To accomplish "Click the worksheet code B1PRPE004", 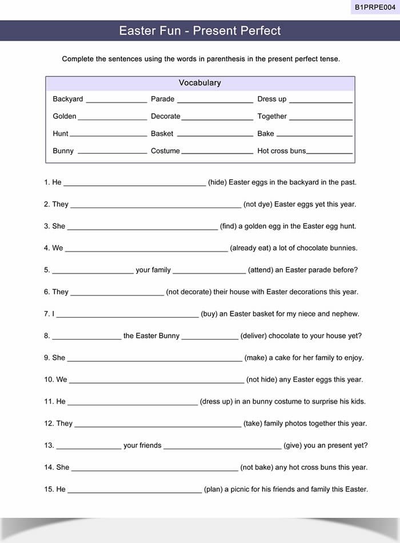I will (375, 7).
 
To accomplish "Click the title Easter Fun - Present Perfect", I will (200, 31).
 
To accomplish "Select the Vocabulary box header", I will (200, 83).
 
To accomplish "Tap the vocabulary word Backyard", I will (67, 99).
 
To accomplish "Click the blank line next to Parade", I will (215, 101).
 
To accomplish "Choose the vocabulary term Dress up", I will (272, 99).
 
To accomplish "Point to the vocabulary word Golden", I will (65, 116).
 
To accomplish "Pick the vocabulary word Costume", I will (165, 151).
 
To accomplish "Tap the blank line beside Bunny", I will (112, 153).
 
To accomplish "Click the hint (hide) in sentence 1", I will (217, 182).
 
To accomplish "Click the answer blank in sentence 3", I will (142, 227).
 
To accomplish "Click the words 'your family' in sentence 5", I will (153, 270).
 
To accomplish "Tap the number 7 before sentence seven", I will (46, 314).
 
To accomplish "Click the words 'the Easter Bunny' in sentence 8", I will (151, 336).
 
